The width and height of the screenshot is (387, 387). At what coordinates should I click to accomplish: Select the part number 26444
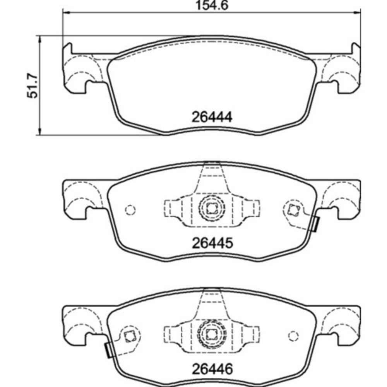212,116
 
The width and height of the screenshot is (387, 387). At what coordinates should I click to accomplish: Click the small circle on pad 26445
130,210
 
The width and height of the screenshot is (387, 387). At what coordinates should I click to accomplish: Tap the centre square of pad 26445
211,209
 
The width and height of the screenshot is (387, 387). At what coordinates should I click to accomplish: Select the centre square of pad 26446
211,334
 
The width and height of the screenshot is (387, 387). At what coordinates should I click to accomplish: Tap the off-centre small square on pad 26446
129,335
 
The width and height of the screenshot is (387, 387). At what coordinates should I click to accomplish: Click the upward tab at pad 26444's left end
67,48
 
